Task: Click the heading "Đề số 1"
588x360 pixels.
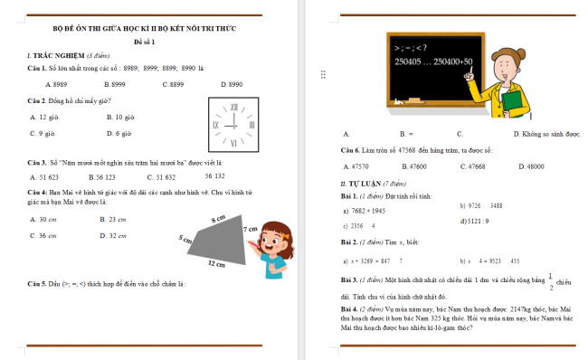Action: click(x=145, y=43)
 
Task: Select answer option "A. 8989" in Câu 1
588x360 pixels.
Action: click(x=42, y=83)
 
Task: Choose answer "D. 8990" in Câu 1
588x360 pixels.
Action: click(x=229, y=83)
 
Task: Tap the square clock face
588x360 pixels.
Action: click(x=233, y=124)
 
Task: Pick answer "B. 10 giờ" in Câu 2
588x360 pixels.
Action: click(x=120, y=117)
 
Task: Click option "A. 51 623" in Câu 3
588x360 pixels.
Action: click(x=44, y=177)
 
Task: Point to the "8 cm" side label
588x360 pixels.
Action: click(x=218, y=220)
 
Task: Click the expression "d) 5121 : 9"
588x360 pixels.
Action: click(x=475, y=221)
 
